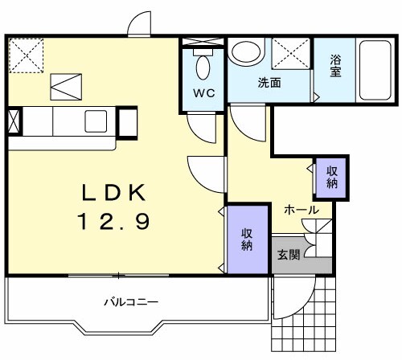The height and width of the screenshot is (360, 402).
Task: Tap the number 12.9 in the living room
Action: [x=113, y=221]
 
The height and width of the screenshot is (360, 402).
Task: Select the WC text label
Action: [x=203, y=93]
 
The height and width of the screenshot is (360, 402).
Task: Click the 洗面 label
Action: [x=269, y=83]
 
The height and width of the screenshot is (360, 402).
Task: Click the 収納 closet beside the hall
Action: [x=331, y=175]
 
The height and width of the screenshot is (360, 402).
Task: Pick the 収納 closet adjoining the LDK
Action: [x=247, y=239]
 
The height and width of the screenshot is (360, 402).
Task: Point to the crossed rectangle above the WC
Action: [x=203, y=43]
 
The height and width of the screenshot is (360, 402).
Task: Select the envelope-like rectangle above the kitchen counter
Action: [x=66, y=84]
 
